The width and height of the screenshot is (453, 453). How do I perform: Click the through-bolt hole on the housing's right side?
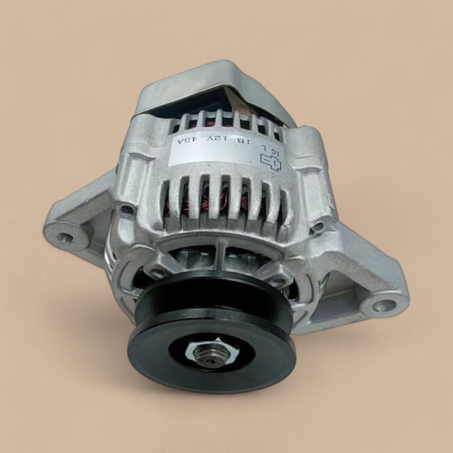coord(319,226)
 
